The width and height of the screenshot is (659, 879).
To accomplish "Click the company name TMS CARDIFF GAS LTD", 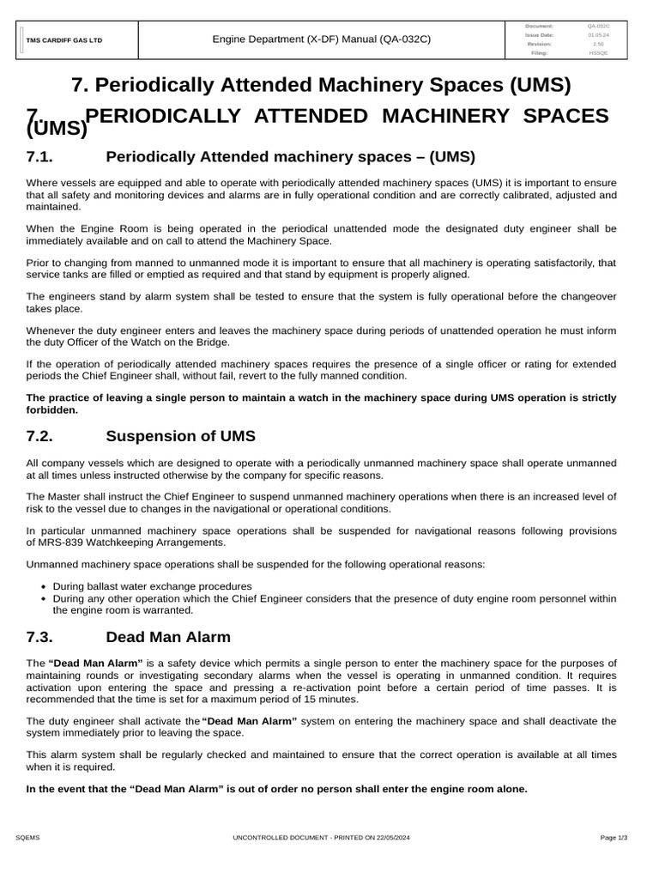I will (x=63, y=40).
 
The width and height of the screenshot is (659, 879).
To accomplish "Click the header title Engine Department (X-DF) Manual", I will (x=322, y=39).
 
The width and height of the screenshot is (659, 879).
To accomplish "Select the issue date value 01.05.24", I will (x=597, y=34).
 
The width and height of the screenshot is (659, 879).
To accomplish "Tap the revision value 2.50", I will (x=597, y=44).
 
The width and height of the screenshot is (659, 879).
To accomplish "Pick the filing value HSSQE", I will (x=597, y=52).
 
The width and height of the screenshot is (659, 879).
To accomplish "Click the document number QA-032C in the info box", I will (x=597, y=26).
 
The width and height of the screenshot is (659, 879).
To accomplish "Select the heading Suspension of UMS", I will (x=180, y=436).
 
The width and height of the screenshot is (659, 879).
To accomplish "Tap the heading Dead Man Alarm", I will (x=168, y=637).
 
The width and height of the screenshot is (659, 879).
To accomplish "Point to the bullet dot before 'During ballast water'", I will (x=44, y=587).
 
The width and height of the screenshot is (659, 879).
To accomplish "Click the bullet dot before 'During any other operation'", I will (x=44, y=598).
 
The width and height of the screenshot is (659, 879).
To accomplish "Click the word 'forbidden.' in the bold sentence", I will (x=52, y=410).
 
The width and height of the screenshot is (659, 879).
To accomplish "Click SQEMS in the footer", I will (x=28, y=836).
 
